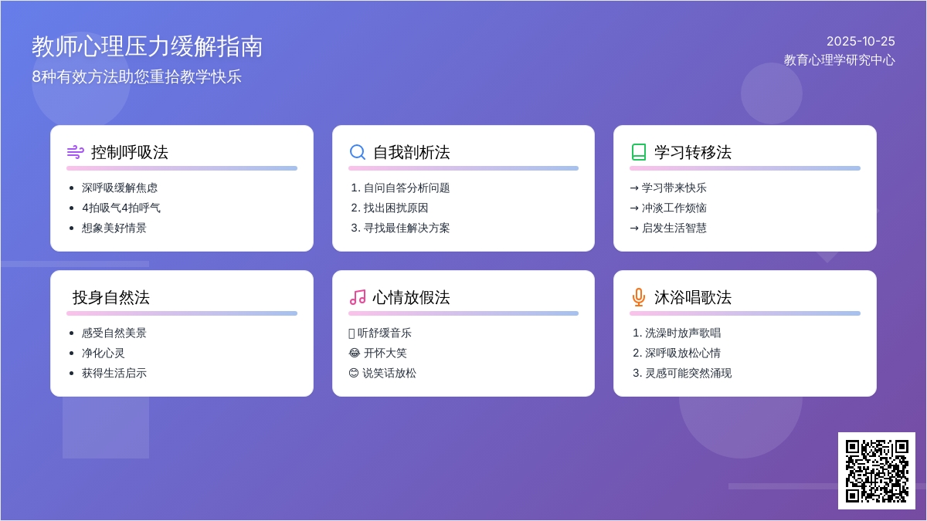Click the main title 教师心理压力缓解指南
point(148,46)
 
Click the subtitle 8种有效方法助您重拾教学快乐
point(137,77)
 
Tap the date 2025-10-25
point(861,42)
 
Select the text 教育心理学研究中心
point(839,60)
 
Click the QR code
point(876,470)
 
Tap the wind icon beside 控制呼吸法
point(75,152)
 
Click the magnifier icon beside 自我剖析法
point(357,152)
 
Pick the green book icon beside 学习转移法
point(638,152)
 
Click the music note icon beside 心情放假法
point(357,297)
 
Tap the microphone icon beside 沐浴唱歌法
point(638,297)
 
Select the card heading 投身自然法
point(111,297)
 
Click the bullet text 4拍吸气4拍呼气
point(121,208)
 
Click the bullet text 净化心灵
point(104,353)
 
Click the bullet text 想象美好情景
point(114,228)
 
